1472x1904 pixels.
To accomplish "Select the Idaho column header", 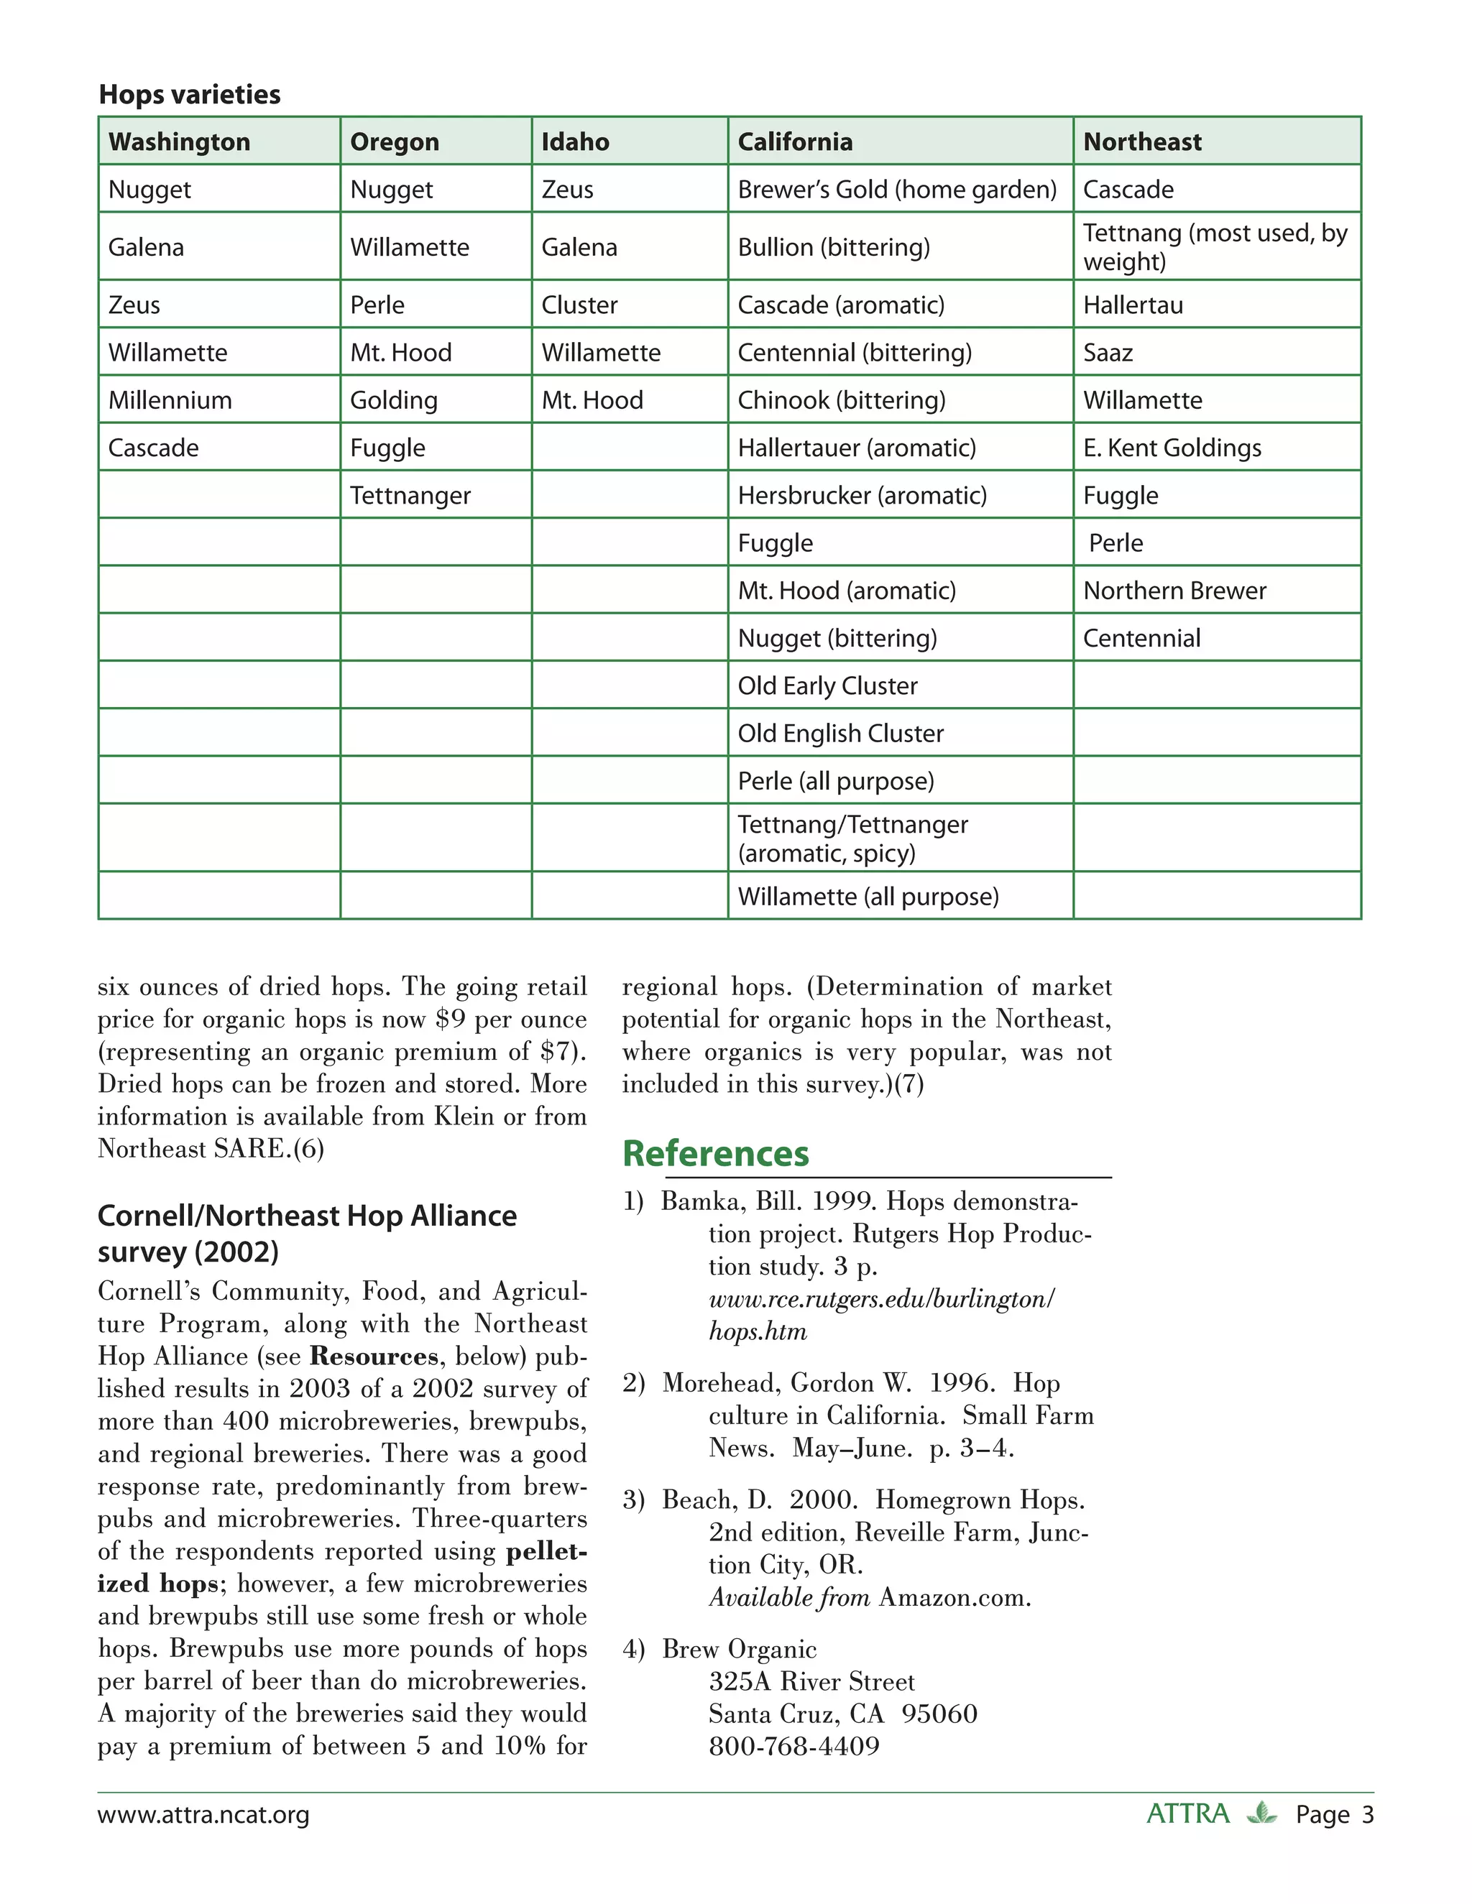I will click(x=575, y=142).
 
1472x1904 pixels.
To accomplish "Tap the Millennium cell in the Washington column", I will click(x=170, y=400).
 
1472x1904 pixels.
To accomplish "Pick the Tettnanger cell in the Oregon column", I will click(x=410, y=495).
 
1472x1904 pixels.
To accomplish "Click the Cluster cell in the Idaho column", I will click(x=579, y=305).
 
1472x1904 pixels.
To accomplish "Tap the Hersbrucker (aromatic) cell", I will click(x=862, y=495).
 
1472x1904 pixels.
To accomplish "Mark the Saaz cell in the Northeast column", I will click(x=1108, y=352).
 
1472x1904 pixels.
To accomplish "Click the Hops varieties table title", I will click(x=189, y=94).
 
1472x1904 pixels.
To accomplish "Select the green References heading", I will click(x=715, y=1153).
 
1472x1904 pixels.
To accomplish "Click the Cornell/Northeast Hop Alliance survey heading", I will click(x=306, y=1233).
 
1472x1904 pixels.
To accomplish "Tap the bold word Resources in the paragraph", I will click(x=374, y=1357).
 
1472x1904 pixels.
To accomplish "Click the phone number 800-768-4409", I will click(x=793, y=1746).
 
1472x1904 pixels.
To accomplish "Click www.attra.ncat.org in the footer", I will click(x=203, y=1814).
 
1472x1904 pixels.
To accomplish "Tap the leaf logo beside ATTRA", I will click(x=1261, y=1813).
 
